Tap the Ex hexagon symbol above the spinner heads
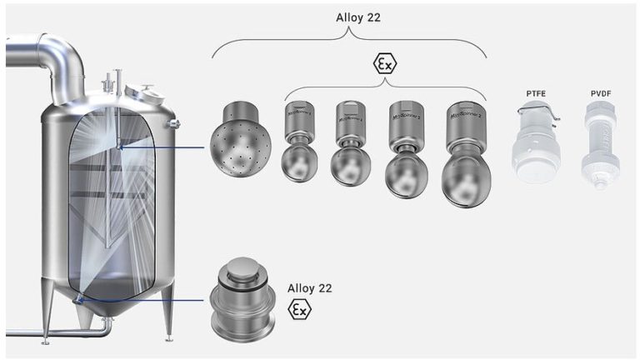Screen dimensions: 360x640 coord(384,64)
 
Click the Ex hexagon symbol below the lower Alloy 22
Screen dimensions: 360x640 coord(298,311)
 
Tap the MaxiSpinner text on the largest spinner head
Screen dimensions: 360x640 coord(467,119)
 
